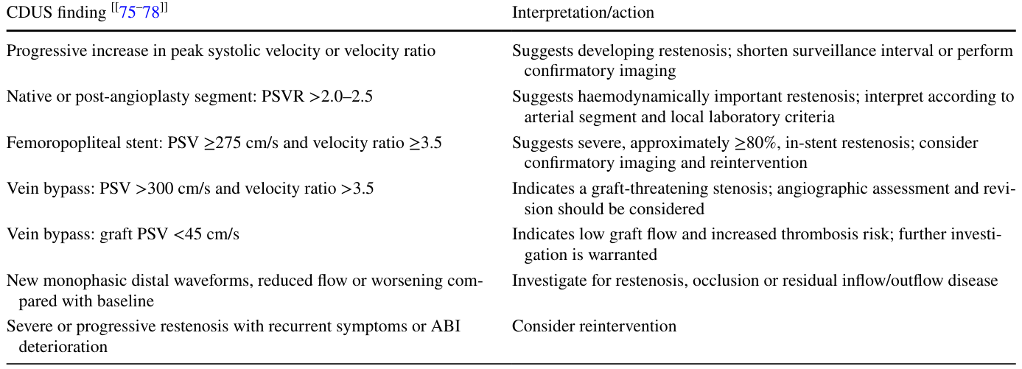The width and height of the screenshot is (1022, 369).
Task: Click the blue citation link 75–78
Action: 139,13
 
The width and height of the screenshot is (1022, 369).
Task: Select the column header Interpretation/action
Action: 583,13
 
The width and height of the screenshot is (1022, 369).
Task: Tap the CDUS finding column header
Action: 56,13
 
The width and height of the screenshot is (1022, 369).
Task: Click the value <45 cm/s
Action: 206,234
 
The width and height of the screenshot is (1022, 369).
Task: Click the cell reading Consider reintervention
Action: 594,326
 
